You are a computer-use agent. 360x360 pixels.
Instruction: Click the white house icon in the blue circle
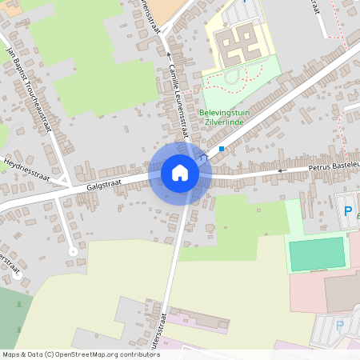pyautogui.click(x=180, y=173)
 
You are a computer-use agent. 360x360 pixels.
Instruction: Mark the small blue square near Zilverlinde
pyautogui.click(x=222, y=149)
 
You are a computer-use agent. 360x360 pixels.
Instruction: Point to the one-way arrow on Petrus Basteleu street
pyautogui.click(x=281, y=170)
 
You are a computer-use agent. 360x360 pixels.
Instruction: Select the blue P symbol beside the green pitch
pyautogui.click(x=347, y=211)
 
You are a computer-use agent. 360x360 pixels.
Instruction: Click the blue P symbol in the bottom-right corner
pyautogui.click(x=340, y=326)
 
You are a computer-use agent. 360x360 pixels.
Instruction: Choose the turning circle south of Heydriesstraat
pyautogui.click(x=73, y=251)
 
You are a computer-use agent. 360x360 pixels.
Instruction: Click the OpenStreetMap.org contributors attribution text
pyautogui.click(x=104, y=354)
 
